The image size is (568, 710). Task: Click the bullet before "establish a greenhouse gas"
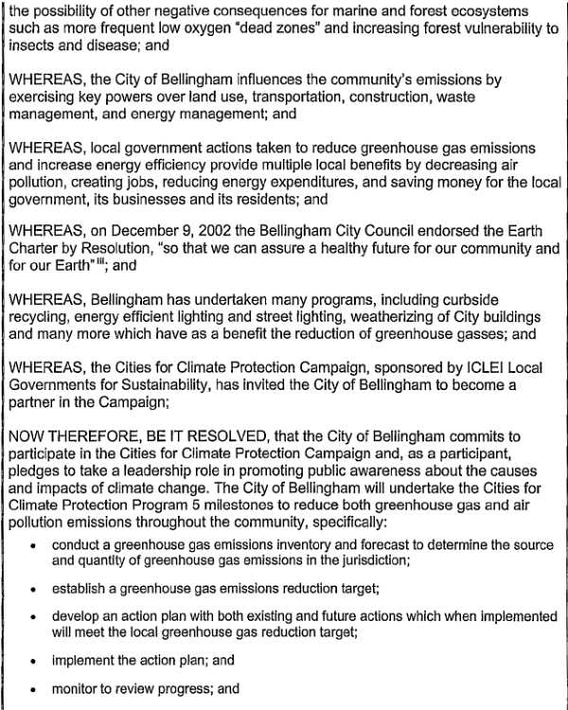coord(34,589)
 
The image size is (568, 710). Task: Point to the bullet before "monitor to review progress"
coord(34,689)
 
